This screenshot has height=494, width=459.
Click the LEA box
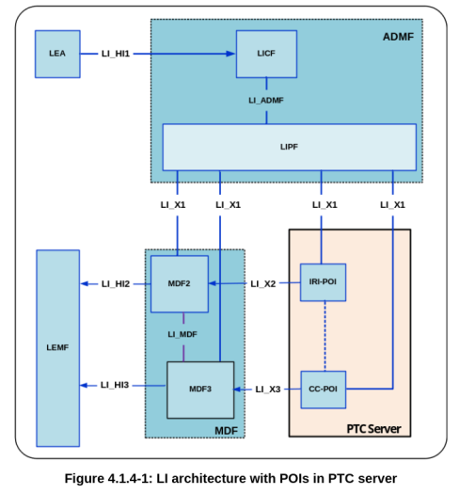pos(57,54)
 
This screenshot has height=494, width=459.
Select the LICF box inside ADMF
pos(266,54)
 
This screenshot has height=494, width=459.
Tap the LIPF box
pos(289,147)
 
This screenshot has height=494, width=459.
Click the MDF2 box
pos(179,283)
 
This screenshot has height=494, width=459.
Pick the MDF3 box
pos(199,390)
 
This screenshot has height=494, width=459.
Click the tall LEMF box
pos(57,348)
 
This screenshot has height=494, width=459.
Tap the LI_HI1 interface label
pos(121,54)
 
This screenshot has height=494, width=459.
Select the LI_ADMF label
pos(267,100)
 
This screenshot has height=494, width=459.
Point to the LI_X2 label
pos(263,283)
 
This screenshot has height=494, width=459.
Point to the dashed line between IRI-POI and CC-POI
pos(324,335)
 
